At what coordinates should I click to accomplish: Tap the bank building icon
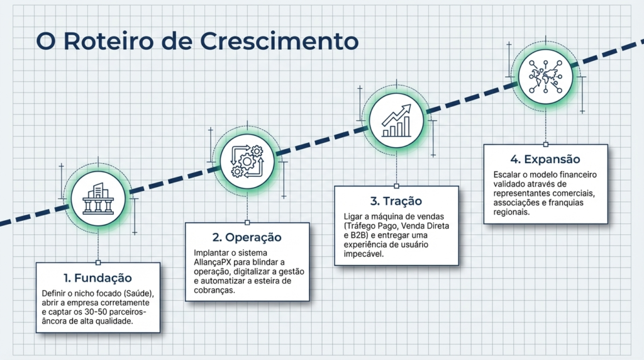tap(98, 199)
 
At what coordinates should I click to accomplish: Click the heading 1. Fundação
tap(98, 278)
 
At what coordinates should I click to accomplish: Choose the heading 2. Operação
tap(247, 238)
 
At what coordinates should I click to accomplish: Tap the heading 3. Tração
tap(396, 201)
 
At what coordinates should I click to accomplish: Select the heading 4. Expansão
tap(545, 160)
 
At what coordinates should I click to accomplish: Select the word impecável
tap(360, 254)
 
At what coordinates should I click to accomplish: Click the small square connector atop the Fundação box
tap(98, 262)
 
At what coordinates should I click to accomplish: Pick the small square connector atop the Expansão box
tap(545, 144)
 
